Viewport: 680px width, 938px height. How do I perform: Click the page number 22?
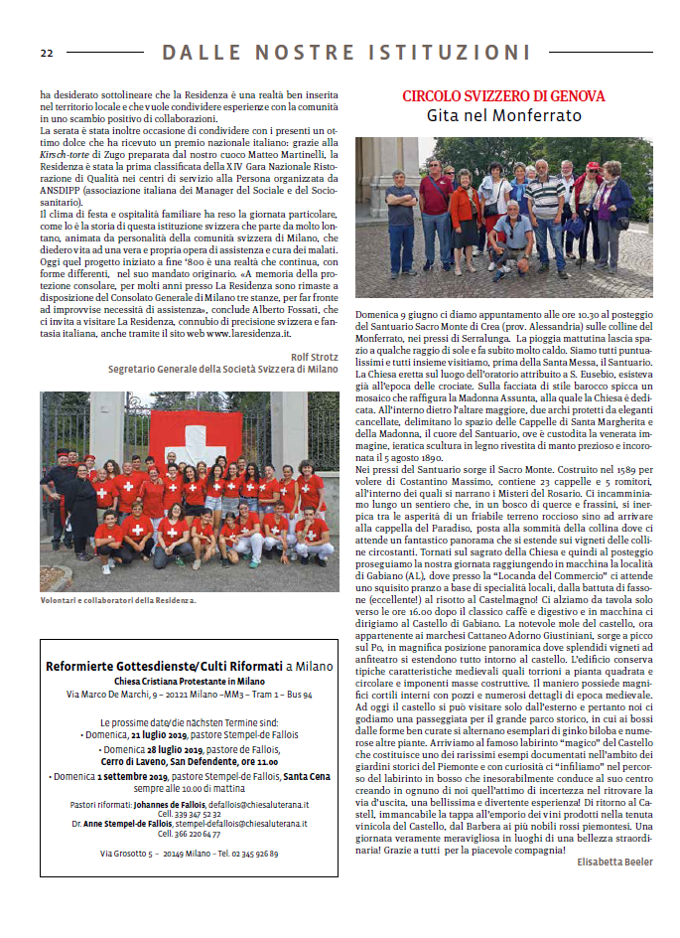46,52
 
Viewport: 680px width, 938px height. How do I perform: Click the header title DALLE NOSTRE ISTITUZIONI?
346,52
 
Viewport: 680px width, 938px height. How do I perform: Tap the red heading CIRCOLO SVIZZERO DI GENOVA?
503,96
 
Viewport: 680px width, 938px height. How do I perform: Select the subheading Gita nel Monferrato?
503,115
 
